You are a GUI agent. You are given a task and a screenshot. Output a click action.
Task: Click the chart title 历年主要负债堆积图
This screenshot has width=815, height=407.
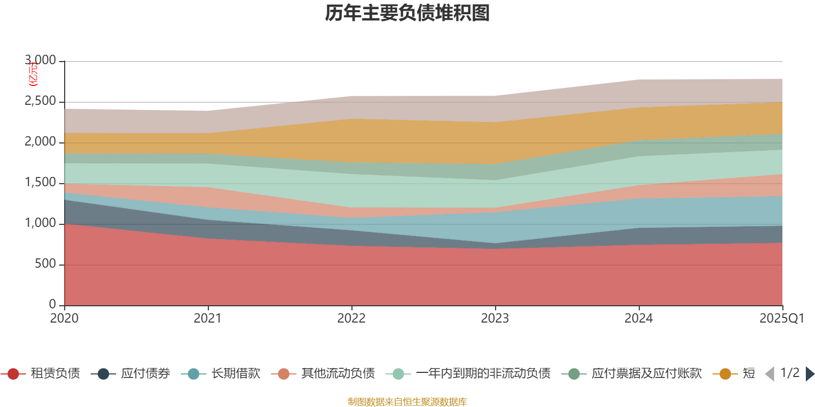click(x=407, y=13)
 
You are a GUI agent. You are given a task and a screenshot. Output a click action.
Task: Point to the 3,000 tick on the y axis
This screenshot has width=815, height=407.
click(x=41, y=61)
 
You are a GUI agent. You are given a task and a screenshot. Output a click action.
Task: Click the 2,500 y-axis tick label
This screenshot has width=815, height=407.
click(x=41, y=101)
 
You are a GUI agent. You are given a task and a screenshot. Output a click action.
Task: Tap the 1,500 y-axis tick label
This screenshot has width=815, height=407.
click(x=41, y=183)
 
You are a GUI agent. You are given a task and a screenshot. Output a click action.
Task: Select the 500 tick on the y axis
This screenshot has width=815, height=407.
click(x=46, y=264)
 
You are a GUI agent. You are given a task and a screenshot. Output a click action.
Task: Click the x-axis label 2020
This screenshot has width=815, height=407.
click(x=64, y=318)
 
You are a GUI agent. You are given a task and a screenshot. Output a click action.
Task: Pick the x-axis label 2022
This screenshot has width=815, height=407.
click(x=351, y=318)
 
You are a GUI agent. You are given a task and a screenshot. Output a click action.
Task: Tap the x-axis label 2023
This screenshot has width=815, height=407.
click(x=495, y=318)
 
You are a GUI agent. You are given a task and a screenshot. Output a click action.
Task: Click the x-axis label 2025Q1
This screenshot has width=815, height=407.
click(x=781, y=318)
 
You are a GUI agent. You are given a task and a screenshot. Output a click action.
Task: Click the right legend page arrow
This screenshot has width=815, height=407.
click(x=810, y=374)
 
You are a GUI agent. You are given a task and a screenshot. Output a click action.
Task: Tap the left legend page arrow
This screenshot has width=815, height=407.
click(x=770, y=374)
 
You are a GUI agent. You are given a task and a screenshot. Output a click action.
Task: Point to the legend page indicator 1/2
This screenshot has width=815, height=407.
click(x=790, y=373)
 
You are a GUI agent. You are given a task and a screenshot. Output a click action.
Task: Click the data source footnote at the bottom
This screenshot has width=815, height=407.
click(x=407, y=402)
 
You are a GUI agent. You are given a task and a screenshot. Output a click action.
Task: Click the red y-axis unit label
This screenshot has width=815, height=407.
click(x=33, y=74)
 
